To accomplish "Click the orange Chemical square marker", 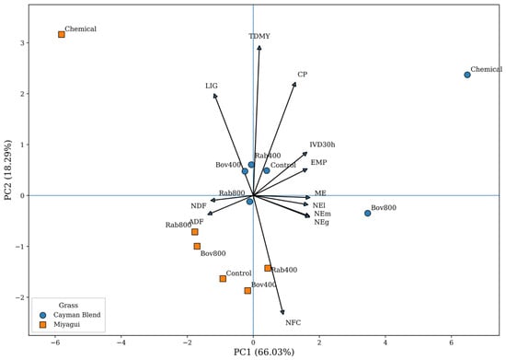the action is [x=62, y=34].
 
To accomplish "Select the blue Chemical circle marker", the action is [x=467, y=75].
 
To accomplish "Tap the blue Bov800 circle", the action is [x=367, y=213].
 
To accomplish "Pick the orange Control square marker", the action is [x=223, y=278].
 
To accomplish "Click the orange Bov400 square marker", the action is [x=247, y=291].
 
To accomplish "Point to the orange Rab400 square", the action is [x=268, y=268].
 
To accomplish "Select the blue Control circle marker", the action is [x=267, y=170].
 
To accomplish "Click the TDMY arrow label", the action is [x=259, y=36].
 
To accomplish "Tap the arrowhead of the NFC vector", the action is [x=283, y=314].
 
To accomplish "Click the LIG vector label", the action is [x=212, y=86].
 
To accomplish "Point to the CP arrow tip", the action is [x=295, y=83].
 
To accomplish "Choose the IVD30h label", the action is [x=322, y=145].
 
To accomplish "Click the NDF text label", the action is [x=198, y=206].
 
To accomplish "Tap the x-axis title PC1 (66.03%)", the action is [x=264, y=352].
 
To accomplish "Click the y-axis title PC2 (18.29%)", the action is [x=8, y=169].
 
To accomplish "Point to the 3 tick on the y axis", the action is [x=22, y=43].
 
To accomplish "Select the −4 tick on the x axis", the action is [x=121, y=343].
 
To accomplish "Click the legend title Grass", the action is [x=68, y=305].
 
